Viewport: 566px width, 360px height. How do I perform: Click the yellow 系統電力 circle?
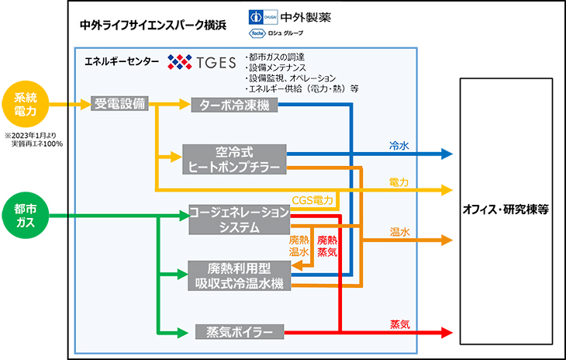coord(26,104)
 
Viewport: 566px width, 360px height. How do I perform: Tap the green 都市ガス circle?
coord(26,215)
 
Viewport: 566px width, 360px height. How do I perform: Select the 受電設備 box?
coord(119,104)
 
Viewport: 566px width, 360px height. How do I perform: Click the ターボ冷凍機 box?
coord(234,105)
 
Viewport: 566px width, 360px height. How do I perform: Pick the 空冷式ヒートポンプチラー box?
coord(234,159)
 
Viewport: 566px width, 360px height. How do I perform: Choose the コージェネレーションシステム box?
coord(240,220)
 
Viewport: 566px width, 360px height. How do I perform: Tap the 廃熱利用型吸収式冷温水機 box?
coord(240,275)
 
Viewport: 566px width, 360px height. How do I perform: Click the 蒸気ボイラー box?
coord(240,332)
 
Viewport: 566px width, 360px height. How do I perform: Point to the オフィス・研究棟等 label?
coord(506,209)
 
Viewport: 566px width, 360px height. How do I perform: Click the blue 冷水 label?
coord(399,146)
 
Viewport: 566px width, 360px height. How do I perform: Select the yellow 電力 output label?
coord(399,182)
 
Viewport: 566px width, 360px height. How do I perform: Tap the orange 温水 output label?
coord(399,232)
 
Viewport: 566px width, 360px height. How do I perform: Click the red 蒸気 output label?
coord(399,324)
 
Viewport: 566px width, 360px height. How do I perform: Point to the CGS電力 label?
coord(312,200)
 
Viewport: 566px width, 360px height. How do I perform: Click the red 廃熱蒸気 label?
coord(327,246)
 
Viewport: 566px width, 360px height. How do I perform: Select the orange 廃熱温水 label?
coord(299,246)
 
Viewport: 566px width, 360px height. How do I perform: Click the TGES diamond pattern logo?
coord(180,62)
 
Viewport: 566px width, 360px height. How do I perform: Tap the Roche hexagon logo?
coord(257,33)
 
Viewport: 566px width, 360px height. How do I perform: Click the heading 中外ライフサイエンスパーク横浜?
coord(153,26)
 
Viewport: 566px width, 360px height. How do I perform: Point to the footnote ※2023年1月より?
coord(30,136)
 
